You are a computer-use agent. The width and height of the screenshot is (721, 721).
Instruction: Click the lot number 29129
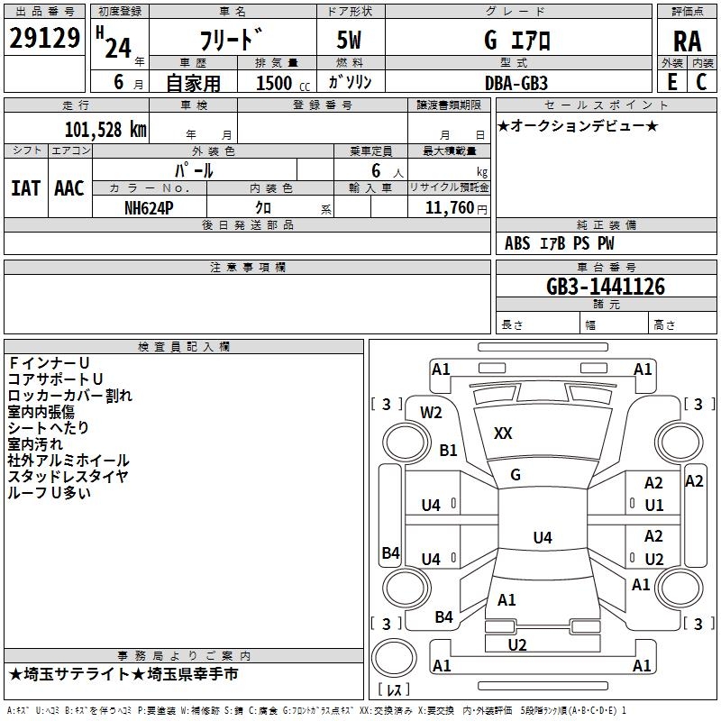pos(44,38)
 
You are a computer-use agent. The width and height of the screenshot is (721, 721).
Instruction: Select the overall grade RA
pos(687,41)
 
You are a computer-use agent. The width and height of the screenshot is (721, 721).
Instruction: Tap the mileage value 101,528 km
pos(105,130)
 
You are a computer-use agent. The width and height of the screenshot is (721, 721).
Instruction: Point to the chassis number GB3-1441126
pos(606,287)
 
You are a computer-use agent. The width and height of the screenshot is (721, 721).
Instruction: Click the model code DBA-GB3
pos(516,83)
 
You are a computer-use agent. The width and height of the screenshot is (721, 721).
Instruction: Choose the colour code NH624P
pos(149,208)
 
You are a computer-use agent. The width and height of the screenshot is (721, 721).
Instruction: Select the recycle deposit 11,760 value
pos(449,208)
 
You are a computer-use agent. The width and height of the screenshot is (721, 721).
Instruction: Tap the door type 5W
pos(349,40)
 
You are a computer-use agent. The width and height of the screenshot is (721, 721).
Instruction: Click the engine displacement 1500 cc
pos(283,83)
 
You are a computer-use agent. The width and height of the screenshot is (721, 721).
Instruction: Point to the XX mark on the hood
pos(503,433)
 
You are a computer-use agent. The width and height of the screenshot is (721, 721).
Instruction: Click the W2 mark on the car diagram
pos(431,413)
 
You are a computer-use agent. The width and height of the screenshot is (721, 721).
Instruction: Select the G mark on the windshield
pos(516,475)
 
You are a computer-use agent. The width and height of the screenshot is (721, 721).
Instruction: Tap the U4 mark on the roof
pos(543,537)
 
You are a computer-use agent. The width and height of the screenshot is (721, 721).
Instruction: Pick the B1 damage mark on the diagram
pos(448,450)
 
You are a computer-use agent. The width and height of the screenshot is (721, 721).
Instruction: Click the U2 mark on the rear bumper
pos(517,645)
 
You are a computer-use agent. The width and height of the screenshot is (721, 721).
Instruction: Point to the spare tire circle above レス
pos(394,658)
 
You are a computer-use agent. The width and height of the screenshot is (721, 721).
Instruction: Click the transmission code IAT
pos(25,188)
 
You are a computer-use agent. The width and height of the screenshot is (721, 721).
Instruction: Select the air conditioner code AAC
pos(69,188)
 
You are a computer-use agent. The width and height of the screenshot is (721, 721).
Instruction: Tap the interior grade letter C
pos(701,82)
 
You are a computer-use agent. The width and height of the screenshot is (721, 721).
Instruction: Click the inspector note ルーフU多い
pos(49,492)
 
